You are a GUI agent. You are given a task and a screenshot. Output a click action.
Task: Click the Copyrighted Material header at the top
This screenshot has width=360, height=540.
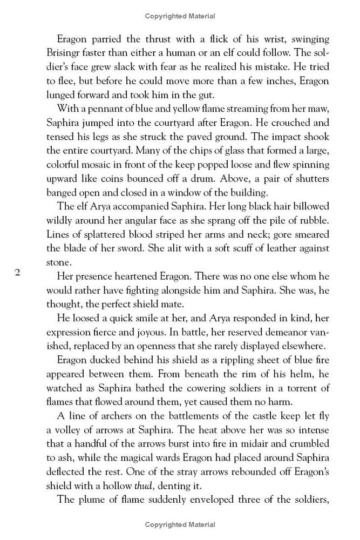point(180,16)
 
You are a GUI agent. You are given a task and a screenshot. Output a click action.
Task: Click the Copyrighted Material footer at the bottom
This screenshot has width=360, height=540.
point(180,525)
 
